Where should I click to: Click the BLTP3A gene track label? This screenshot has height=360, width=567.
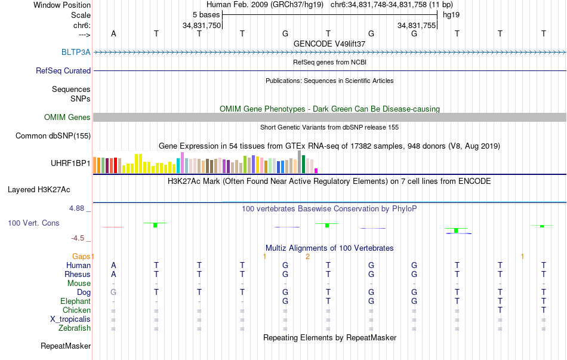pyautogui.click(x=76, y=52)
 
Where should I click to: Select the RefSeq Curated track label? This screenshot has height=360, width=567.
pyautogui.click(x=63, y=70)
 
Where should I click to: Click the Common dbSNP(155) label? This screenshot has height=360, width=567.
pyautogui.click(x=53, y=136)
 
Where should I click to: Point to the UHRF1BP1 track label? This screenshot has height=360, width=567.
pyautogui.click(x=70, y=162)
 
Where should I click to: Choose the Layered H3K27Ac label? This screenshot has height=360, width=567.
pyautogui.click(x=39, y=190)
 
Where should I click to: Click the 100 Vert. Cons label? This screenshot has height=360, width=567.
pyautogui.click(x=33, y=223)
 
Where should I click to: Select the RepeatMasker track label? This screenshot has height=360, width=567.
pyautogui.click(x=66, y=346)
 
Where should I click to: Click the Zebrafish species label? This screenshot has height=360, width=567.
pyautogui.click(x=75, y=328)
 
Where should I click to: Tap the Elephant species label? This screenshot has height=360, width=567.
pyautogui.click(x=76, y=301)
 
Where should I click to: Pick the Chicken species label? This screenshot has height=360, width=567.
pyautogui.click(x=76, y=310)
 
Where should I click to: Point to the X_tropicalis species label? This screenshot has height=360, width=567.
pyautogui.click(x=70, y=319)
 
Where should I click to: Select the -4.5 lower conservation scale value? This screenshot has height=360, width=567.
pyautogui.click(x=79, y=238)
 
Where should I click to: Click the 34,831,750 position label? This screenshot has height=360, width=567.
pyautogui.click(x=202, y=26)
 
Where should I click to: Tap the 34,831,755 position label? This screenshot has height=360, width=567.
pyautogui.click(x=417, y=26)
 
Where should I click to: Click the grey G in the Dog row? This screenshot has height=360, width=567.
pyautogui.click(x=113, y=292)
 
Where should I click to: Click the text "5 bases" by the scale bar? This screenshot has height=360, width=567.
pyautogui.click(x=206, y=14)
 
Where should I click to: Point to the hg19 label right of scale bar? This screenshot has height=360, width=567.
pyautogui.click(x=451, y=14)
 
